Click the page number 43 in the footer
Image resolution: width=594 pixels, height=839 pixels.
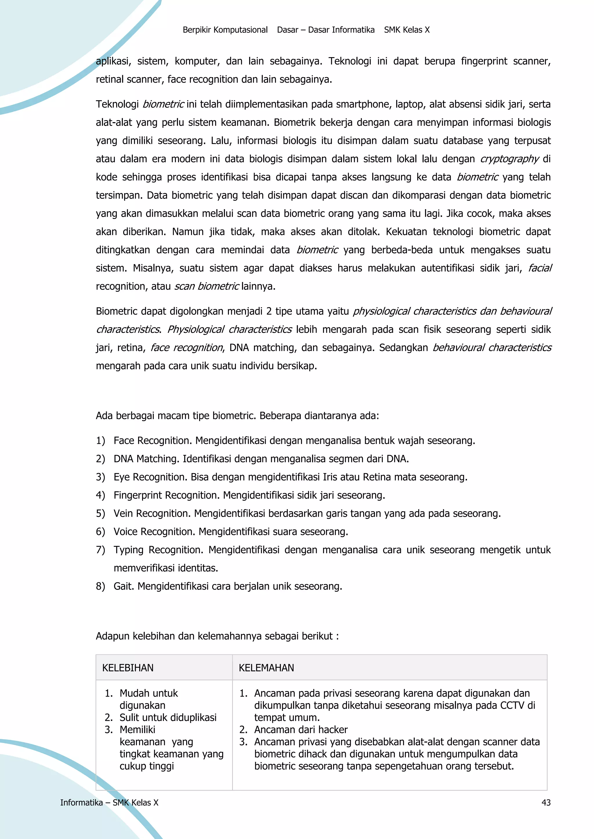pos(546,802)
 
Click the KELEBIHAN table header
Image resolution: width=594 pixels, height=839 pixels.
pos(128,668)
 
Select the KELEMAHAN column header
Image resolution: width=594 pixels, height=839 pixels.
pos(266,668)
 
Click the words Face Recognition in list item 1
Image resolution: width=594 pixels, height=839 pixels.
pos(153,441)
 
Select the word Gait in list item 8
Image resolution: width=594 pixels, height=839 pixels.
pos(124,586)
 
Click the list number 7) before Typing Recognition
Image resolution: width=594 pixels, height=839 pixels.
pos(100,550)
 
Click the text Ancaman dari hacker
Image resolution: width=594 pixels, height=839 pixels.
pos(301,730)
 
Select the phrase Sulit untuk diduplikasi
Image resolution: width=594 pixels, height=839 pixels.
pos(168,717)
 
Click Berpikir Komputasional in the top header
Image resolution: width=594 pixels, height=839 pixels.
pos(225,30)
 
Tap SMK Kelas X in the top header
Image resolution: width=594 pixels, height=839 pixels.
pos(407,30)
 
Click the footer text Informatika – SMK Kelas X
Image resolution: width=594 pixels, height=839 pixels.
pos(109,802)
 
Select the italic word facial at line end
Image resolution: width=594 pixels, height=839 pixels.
pos(540,268)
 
